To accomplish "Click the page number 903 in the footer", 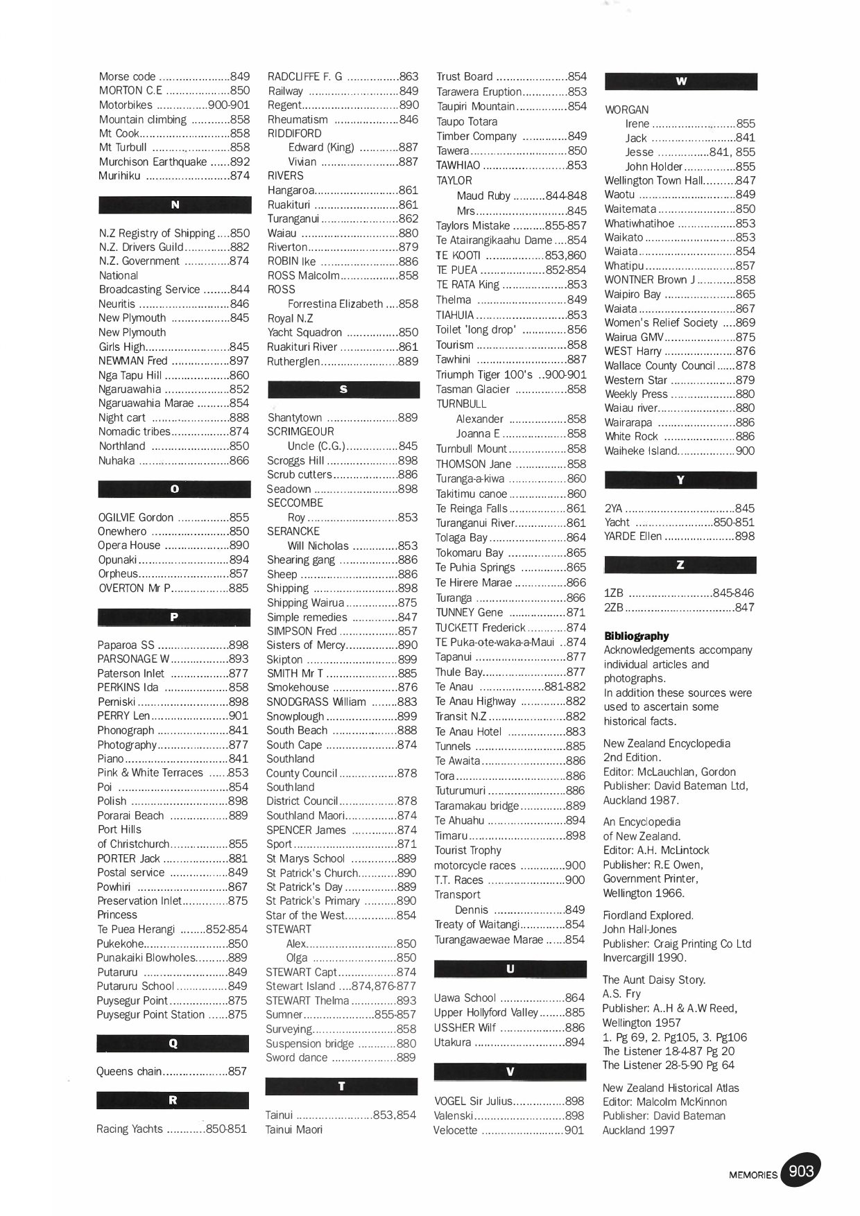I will pyautogui.click(x=800, y=1172).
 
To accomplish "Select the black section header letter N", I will pyautogui.click(x=175, y=205).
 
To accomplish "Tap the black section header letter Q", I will pyautogui.click(x=173, y=1043).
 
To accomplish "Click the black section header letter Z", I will pyautogui.click(x=680, y=565).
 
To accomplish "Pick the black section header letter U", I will pyautogui.click(x=510, y=969).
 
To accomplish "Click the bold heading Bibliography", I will pyautogui.click(x=636, y=636).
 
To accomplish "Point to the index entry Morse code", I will pyautogui.click(x=127, y=77).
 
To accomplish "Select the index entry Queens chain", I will pyautogui.click(x=129, y=1071).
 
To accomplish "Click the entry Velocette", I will pyautogui.click(x=455, y=1130).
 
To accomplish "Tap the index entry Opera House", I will pyautogui.click(x=129, y=546).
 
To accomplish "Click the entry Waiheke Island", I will pyautogui.click(x=640, y=451).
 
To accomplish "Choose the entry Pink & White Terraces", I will pyautogui.click(x=150, y=772).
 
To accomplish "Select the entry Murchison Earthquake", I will pyautogui.click(x=153, y=162).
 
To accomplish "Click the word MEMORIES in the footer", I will pyautogui.click(x=752, y=1174).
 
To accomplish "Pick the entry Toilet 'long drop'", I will pyautogui.click(x=476, y=330).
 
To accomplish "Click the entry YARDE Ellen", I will pyautogui.click(x=633, y=537).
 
